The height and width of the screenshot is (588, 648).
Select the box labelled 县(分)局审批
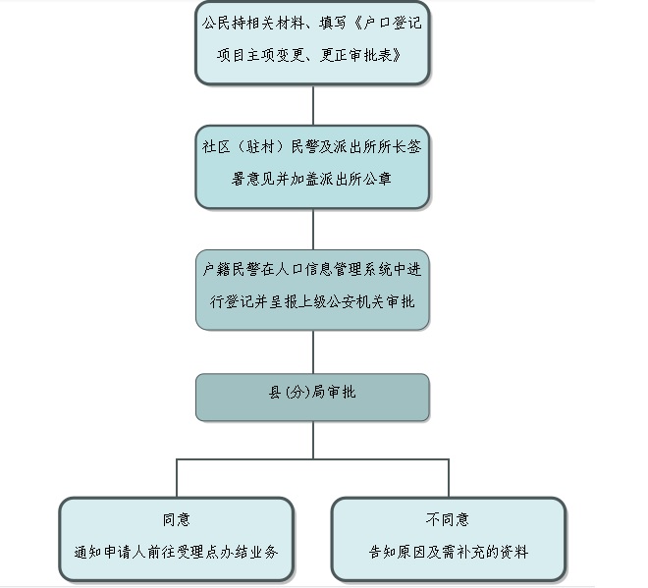point(312,396)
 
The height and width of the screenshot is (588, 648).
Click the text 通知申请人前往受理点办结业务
point(177,552)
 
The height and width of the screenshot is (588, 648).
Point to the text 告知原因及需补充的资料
point(449,552)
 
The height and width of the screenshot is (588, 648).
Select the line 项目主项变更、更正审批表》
point(313,55)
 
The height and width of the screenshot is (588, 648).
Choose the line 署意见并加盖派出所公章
point(312,180)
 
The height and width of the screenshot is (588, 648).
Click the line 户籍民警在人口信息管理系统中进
point(312,269)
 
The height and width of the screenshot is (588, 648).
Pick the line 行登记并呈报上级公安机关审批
point(312,302)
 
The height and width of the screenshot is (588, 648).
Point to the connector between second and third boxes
point(313,229)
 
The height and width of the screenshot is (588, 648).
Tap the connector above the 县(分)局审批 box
point(313,351)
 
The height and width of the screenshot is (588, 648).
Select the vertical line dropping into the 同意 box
point(177,478)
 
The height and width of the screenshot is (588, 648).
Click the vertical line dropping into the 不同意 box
point(449,478)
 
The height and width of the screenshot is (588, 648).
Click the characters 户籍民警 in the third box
point(230,269)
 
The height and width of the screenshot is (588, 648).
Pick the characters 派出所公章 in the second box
point(356,180)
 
